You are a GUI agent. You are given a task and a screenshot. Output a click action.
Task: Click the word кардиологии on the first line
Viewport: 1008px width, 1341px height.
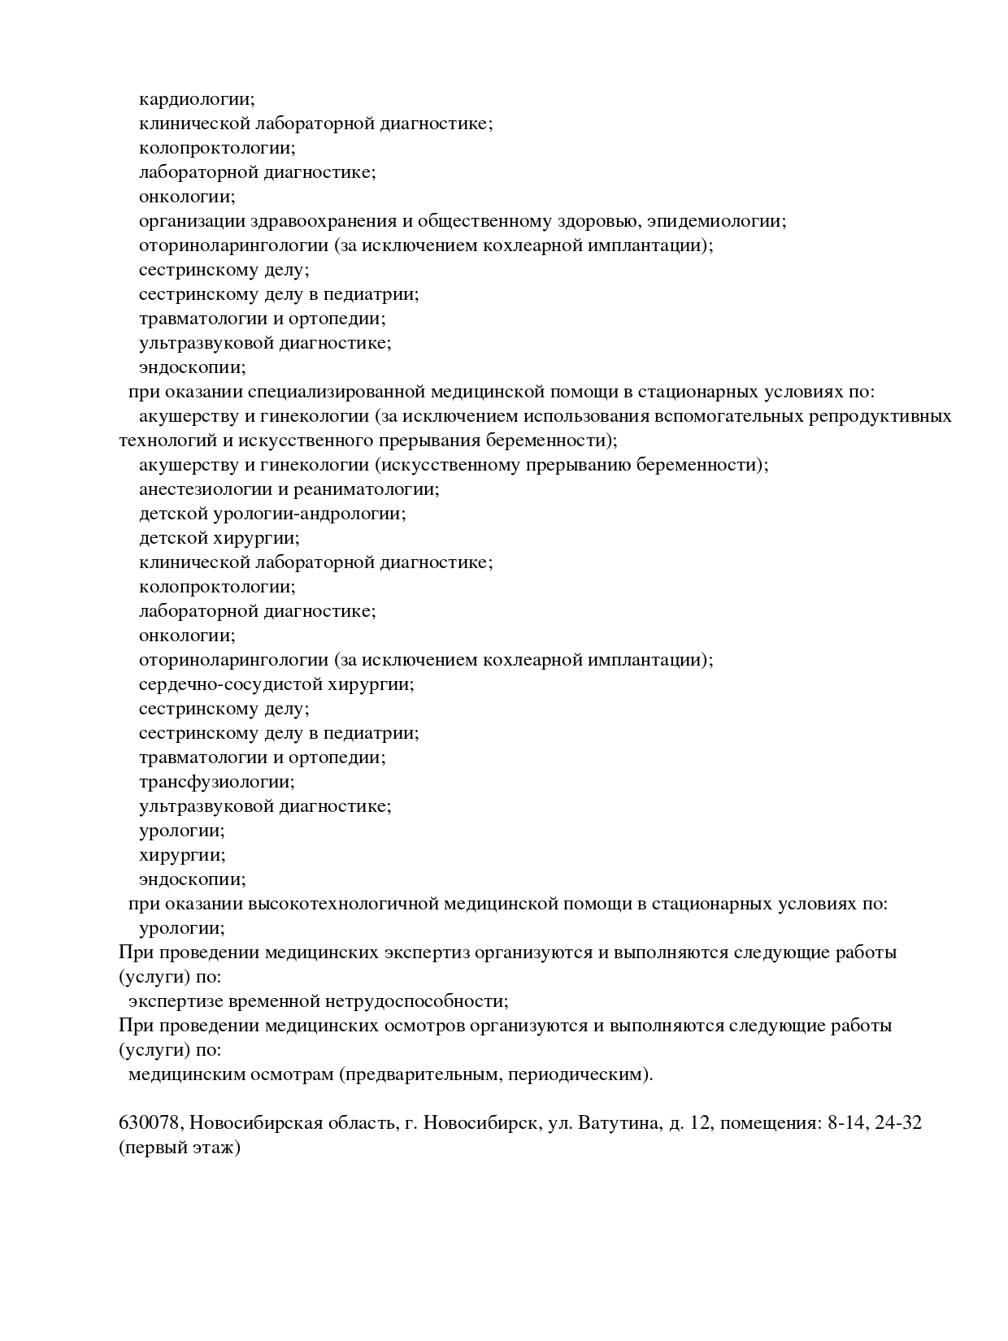pos(196,99)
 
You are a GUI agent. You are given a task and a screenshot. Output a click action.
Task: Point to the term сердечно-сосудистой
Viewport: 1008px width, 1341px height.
pos(230,684)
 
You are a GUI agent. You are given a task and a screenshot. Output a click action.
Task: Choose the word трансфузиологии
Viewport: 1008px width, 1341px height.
pos(216,782)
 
